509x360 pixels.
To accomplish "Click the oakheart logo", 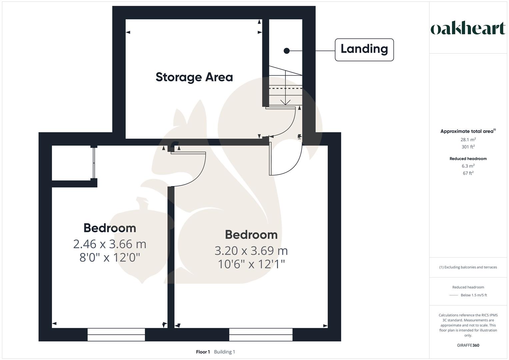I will (x=468, y=29).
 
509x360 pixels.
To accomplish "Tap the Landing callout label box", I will (x=364, y=50).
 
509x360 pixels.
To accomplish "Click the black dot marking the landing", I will (x=286, y=51).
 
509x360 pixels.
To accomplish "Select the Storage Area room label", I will (x=194, y=77).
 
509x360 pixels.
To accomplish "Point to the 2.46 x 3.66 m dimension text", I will (x=110, y=244).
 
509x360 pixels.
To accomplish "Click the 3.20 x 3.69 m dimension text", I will (x=251, y=251).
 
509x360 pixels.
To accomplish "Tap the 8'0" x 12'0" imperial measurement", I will (x=110, y=258).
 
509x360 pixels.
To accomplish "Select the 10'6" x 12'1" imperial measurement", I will (x=251, y=264).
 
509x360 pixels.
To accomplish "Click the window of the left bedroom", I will (x=116, y=334).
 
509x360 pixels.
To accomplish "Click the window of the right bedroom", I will (x=261, y=334).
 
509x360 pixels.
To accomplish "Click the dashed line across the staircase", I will (x=285, y=89).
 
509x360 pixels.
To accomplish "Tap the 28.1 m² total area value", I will (x=468, y=140).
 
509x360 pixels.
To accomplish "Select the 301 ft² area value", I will (x=468, y=147).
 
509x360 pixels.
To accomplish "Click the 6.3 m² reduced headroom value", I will (x=468, y=166).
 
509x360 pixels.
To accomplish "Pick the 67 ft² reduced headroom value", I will (x=468, y=173).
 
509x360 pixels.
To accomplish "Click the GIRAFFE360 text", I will (x=468, y=345).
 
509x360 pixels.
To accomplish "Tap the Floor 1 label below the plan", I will (x=203, y=352).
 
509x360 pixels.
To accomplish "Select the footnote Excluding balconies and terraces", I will (x=468, y=267).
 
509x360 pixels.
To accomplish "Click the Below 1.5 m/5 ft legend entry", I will (x=473, y=295).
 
